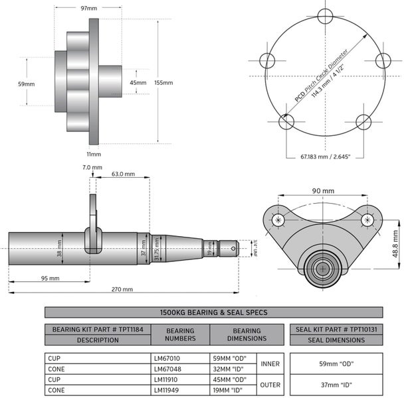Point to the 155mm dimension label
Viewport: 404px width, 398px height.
pyautogui.click(x=163, y=83)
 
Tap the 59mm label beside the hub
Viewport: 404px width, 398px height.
pyautogui.click(x=27, y=84)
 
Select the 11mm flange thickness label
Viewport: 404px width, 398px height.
pyautogui.click(x=94, y=154)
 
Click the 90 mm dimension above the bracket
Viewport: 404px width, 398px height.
pyautogui.click(x=324, y=190)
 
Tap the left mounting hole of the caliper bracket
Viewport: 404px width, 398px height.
pyautogui.click(x=278, y=220)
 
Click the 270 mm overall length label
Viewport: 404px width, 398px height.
pyautogui.click(x=122, y=290)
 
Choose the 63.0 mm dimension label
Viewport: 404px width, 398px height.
pyautogui.click(x=123, y=174)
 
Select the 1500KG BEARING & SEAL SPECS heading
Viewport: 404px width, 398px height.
pyautogui.click(x=213, y=312)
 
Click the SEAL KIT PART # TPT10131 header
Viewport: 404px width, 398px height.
pyautogui.click(x=336, y=329)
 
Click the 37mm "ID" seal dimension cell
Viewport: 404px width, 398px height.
pyautogui.click(x=336, y=385)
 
